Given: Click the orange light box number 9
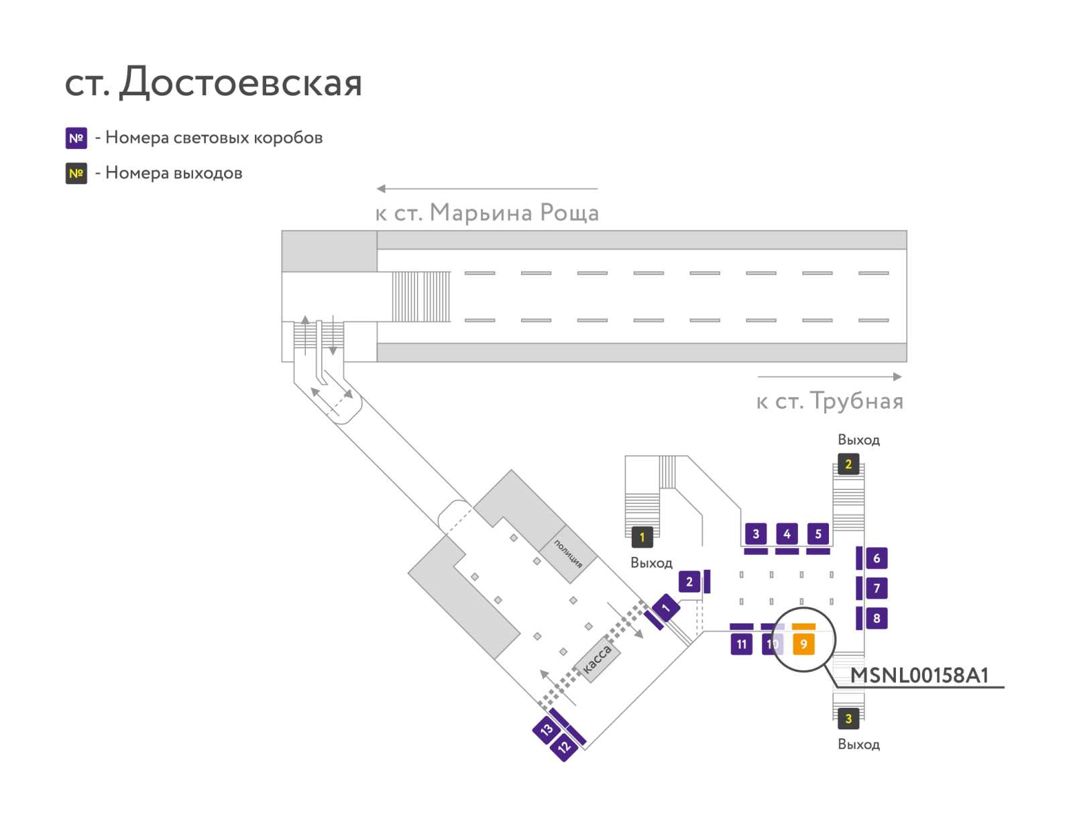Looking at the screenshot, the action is [x=803, y=644].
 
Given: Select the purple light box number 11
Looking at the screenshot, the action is [x=741, y=644].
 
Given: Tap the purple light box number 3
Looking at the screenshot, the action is [x=756, y=533].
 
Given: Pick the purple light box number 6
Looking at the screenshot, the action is [x=877, y=558].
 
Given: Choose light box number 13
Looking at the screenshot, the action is [x=546, y=729].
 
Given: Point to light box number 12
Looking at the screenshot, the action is [x=563, y=747].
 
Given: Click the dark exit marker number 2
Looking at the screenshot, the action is [x=848, y=464].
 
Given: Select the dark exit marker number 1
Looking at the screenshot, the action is [x=642, y=537].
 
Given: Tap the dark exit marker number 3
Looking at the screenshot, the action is [x=848, y=718].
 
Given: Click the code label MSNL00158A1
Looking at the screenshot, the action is [x=919, y=675].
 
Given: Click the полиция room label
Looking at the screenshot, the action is [x=567, y=554].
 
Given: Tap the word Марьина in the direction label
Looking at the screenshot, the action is [x=481, y=213].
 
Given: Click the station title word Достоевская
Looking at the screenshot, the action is [x=240, y=82].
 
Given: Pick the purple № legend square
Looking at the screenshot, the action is [x=76, y=138].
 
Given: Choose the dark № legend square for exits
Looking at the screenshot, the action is [x=76, y=173].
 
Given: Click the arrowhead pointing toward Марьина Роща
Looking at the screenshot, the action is [x=381, y=189].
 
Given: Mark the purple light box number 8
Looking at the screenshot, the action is [x=877, y=618].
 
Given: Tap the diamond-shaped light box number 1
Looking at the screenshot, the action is [x=665, y=608].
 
